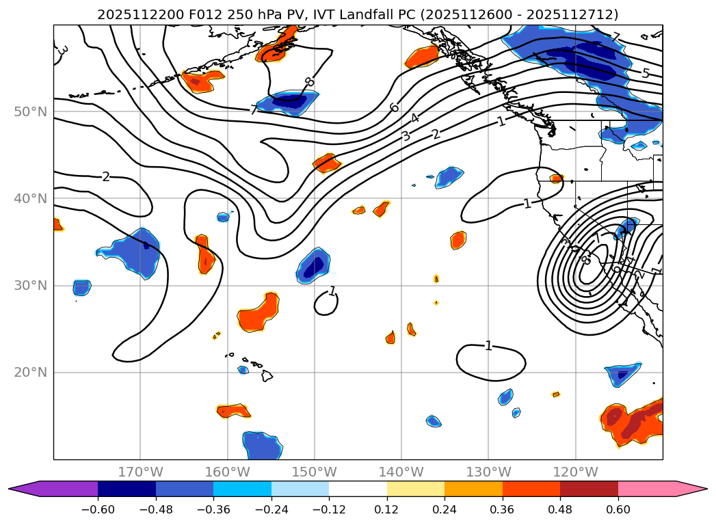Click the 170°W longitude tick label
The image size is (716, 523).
[x=140, y=472]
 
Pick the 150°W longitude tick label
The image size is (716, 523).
[x=315, y=472]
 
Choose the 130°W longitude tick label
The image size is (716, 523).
[x=488, y=472]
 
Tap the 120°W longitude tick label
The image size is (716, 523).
[x=575, y=472]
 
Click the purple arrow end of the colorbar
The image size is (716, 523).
[x=21, y=488]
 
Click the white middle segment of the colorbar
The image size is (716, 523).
[x=358, y=488]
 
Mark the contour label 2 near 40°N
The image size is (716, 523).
[x=105, y=177]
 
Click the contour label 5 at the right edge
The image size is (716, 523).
[x=645, y=73]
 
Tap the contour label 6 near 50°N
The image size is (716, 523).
[x=394, y=107]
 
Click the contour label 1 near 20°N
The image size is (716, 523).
[x=488, y=345]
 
